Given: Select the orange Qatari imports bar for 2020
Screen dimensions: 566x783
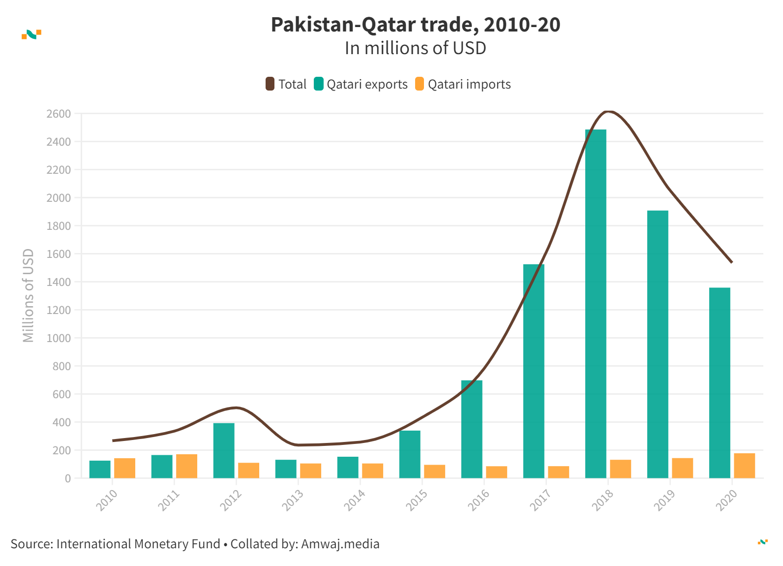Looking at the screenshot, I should (744, 466).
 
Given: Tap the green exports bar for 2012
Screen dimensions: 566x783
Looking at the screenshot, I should (224, 450).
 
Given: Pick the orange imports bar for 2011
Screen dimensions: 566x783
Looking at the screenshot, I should (186, 466).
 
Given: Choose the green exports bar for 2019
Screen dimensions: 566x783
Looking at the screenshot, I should (658, 345).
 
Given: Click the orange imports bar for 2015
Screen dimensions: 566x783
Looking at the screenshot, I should (434, 472).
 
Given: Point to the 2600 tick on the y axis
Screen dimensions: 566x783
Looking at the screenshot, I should (59, 114).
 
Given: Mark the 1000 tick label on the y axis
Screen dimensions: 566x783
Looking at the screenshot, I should (59, 338).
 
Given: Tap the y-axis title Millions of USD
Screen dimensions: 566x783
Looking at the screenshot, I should (29, 295).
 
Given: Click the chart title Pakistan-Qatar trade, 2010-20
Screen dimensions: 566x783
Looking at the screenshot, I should (415, 25).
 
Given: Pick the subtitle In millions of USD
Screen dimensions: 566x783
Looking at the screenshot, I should (415, 48).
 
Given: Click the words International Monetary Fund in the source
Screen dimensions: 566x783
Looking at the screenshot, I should (138, 544).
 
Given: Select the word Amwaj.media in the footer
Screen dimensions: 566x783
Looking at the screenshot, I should (340, 544).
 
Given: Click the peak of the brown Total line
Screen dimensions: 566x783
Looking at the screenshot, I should (608, 112).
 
